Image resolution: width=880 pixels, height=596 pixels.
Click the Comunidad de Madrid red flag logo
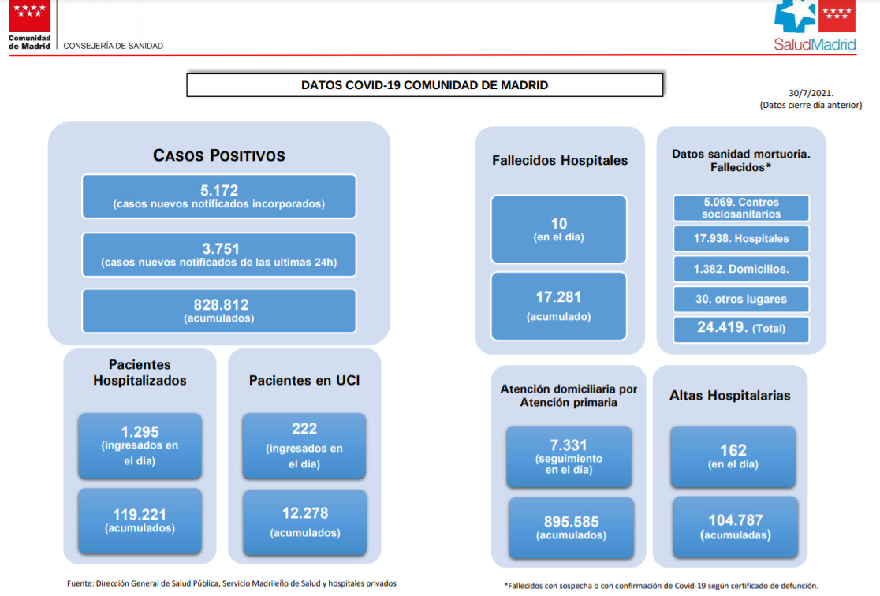29,16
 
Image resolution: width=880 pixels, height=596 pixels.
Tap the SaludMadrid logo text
815,44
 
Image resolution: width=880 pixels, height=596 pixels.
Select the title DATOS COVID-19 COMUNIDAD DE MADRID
425,85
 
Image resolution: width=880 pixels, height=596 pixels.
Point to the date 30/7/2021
811,93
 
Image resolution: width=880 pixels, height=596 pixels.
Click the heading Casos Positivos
219,155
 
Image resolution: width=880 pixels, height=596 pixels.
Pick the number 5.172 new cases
219,190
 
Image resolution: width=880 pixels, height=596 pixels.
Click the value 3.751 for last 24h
221,248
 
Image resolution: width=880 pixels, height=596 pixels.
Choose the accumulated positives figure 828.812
221,305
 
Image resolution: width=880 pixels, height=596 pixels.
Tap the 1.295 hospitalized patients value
140,431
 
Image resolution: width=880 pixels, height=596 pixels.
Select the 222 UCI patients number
304,429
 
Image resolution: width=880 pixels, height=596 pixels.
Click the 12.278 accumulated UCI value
304,513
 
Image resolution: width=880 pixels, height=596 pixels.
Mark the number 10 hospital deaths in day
559,223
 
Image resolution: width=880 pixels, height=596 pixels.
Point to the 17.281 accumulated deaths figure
558,297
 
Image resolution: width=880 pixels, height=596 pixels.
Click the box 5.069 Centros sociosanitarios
740,208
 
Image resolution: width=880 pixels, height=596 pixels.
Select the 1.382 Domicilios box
740,269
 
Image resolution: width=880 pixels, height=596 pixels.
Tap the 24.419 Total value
722,327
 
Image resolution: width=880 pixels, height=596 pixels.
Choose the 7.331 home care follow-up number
569,445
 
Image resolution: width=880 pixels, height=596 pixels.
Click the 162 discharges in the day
733,450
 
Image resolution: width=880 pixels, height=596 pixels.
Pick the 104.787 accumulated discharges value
735,520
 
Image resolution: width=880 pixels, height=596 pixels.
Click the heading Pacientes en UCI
304,381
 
